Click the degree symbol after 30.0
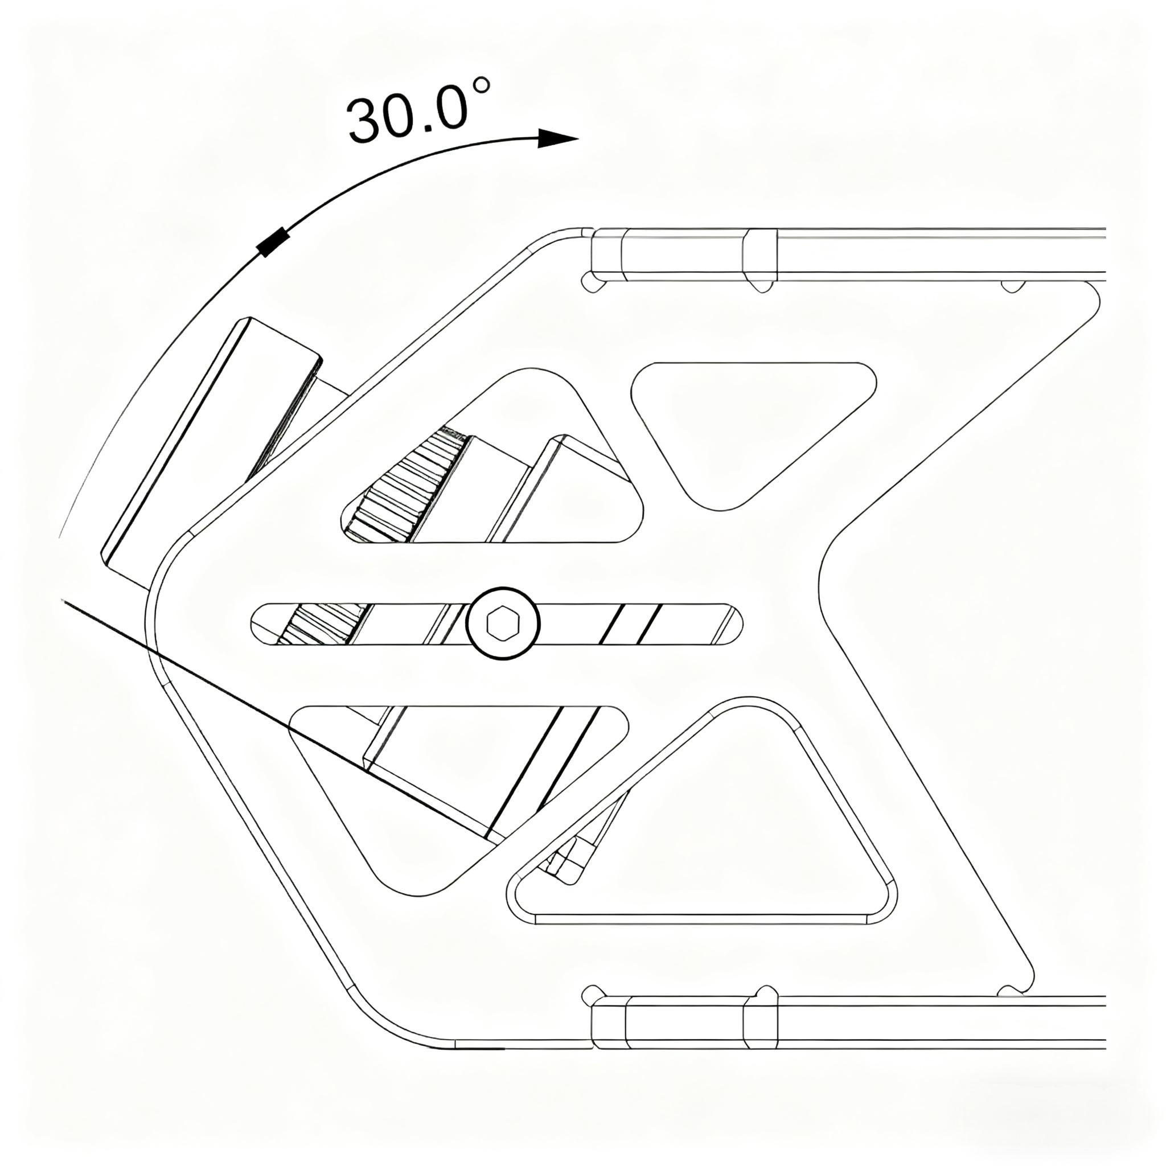tap(481, 87)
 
